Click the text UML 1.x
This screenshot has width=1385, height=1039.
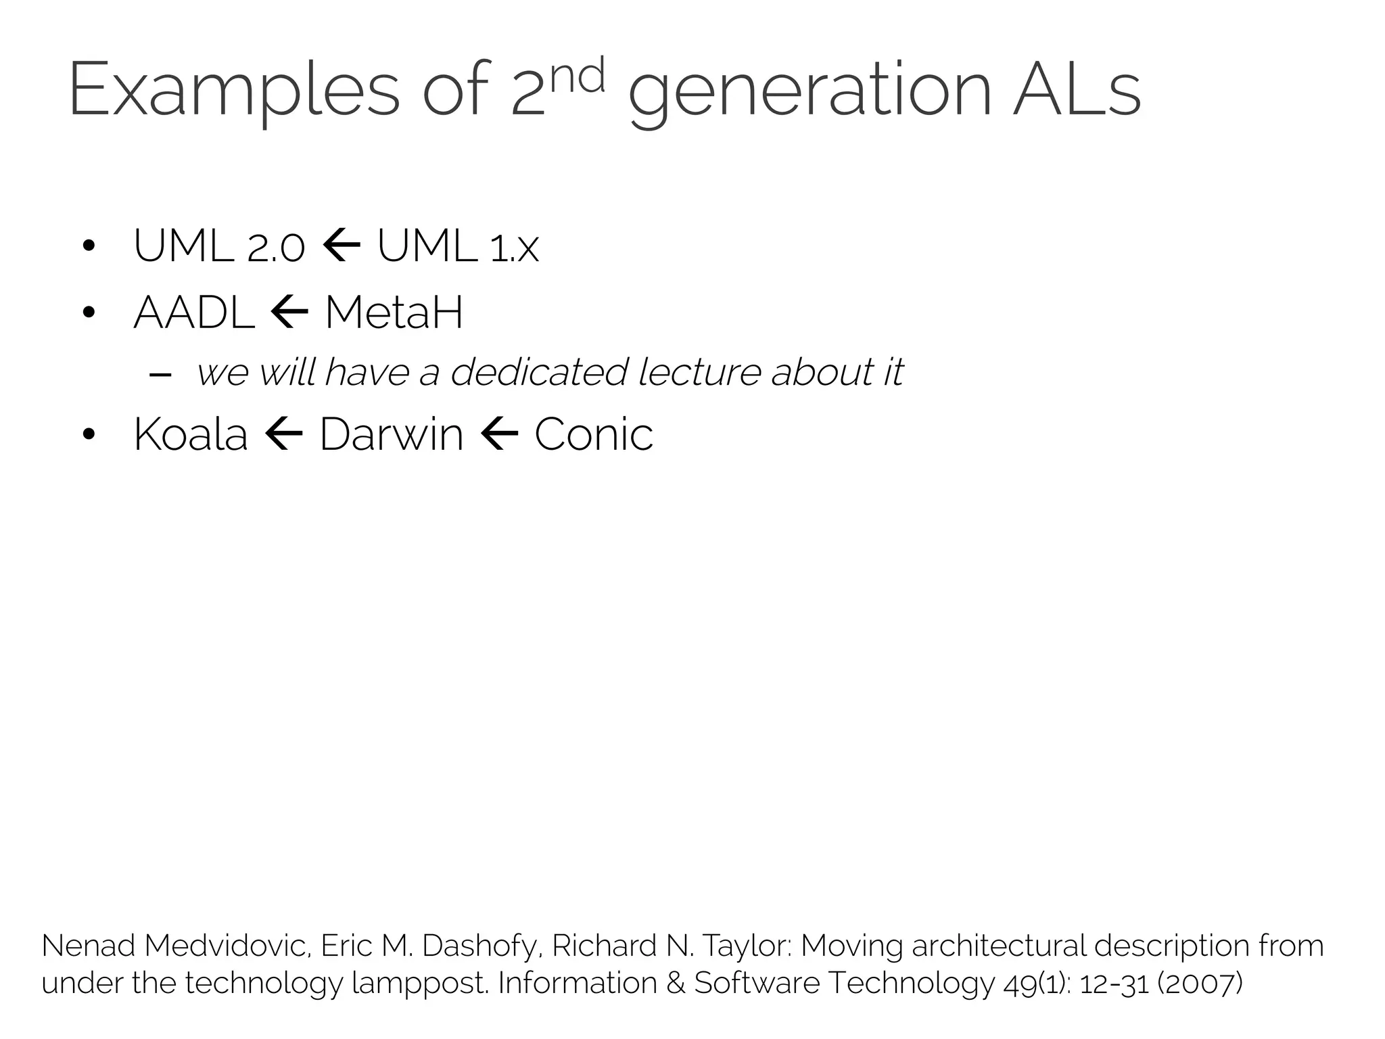(x=458, y=246)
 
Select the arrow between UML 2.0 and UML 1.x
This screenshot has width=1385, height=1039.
(x=342, y=245)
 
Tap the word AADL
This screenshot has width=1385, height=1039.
(x=195, y=313)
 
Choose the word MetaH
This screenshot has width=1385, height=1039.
(x=394, y=313)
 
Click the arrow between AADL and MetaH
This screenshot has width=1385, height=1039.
(x=289, y=313)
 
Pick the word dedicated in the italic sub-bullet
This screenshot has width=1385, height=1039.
(x=538, y=372)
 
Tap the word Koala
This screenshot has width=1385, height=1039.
(x=191, y=434)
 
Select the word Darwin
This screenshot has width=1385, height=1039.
(x=391, y=434)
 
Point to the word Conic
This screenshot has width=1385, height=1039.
(x=594, y=434)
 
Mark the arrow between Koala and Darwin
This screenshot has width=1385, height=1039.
(x=283, y=434)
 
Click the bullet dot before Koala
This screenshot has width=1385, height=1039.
(x=88, y=435)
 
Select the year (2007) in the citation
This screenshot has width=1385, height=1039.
(x=1200, y=983)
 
